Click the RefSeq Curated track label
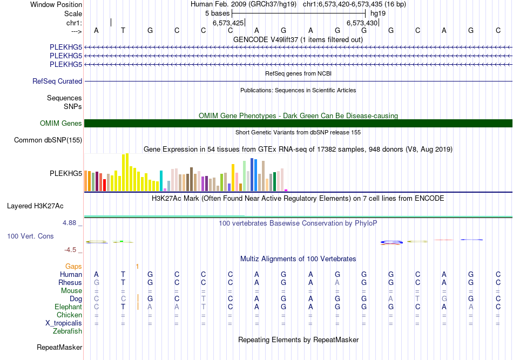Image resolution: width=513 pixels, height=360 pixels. (x=57, y=81)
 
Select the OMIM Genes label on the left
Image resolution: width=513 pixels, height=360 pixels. (x=61, y=124)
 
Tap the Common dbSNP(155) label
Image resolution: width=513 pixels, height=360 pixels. (x=49, y=140)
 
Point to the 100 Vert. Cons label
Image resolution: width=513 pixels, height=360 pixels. (x=31, y=236)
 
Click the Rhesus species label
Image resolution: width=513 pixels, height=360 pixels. (x=70, y=282)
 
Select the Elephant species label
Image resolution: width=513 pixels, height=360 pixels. (x=69, y=307)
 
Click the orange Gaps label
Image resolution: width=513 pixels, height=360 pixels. (x=73, y=266)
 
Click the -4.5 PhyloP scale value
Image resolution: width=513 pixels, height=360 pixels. (x=72, y=250)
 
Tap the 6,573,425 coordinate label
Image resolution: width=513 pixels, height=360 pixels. (x=228, y=23)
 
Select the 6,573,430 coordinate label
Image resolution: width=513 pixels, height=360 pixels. (x=362, y=23)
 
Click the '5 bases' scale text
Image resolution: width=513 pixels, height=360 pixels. (x=217, y=12)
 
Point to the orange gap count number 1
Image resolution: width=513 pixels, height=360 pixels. (x=137, y=266)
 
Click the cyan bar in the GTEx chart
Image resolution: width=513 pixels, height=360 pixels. (x=161, y=180)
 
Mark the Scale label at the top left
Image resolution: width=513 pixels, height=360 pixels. (x=73, y=13)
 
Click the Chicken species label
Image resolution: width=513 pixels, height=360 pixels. (x=69, y=315)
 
